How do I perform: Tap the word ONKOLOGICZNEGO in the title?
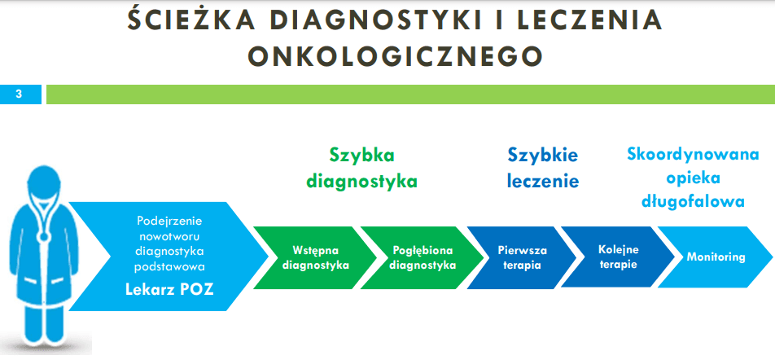tap(395, 56)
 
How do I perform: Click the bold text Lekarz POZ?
tap(169, 289)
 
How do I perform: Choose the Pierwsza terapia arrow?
tap(522, 257)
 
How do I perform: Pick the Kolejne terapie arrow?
tap(618, 257)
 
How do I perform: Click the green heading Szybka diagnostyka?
tap(361, 169)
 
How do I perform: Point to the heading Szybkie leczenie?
tap(543, 168)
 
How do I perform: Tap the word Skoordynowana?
tap(693, 154)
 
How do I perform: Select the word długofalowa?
tap(693, 201)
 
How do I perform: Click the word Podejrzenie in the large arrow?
tap(169, 221)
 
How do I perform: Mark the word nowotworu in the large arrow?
tap(169, 236)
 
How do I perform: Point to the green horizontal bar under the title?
tap(411, 94)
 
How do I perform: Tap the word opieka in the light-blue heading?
tap(693, 178)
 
